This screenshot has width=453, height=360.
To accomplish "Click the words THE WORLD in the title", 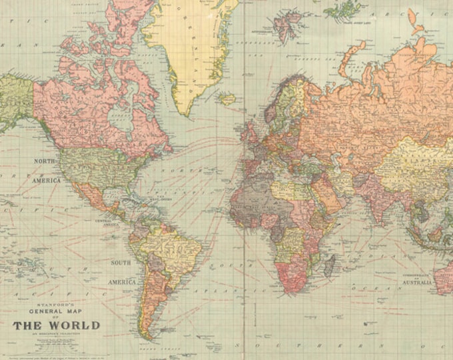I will [56, 325].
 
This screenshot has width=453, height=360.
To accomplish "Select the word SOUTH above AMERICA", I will [121, 263].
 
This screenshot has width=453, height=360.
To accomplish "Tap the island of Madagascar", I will [328, 265].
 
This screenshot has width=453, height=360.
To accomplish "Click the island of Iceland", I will [228, 99].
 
